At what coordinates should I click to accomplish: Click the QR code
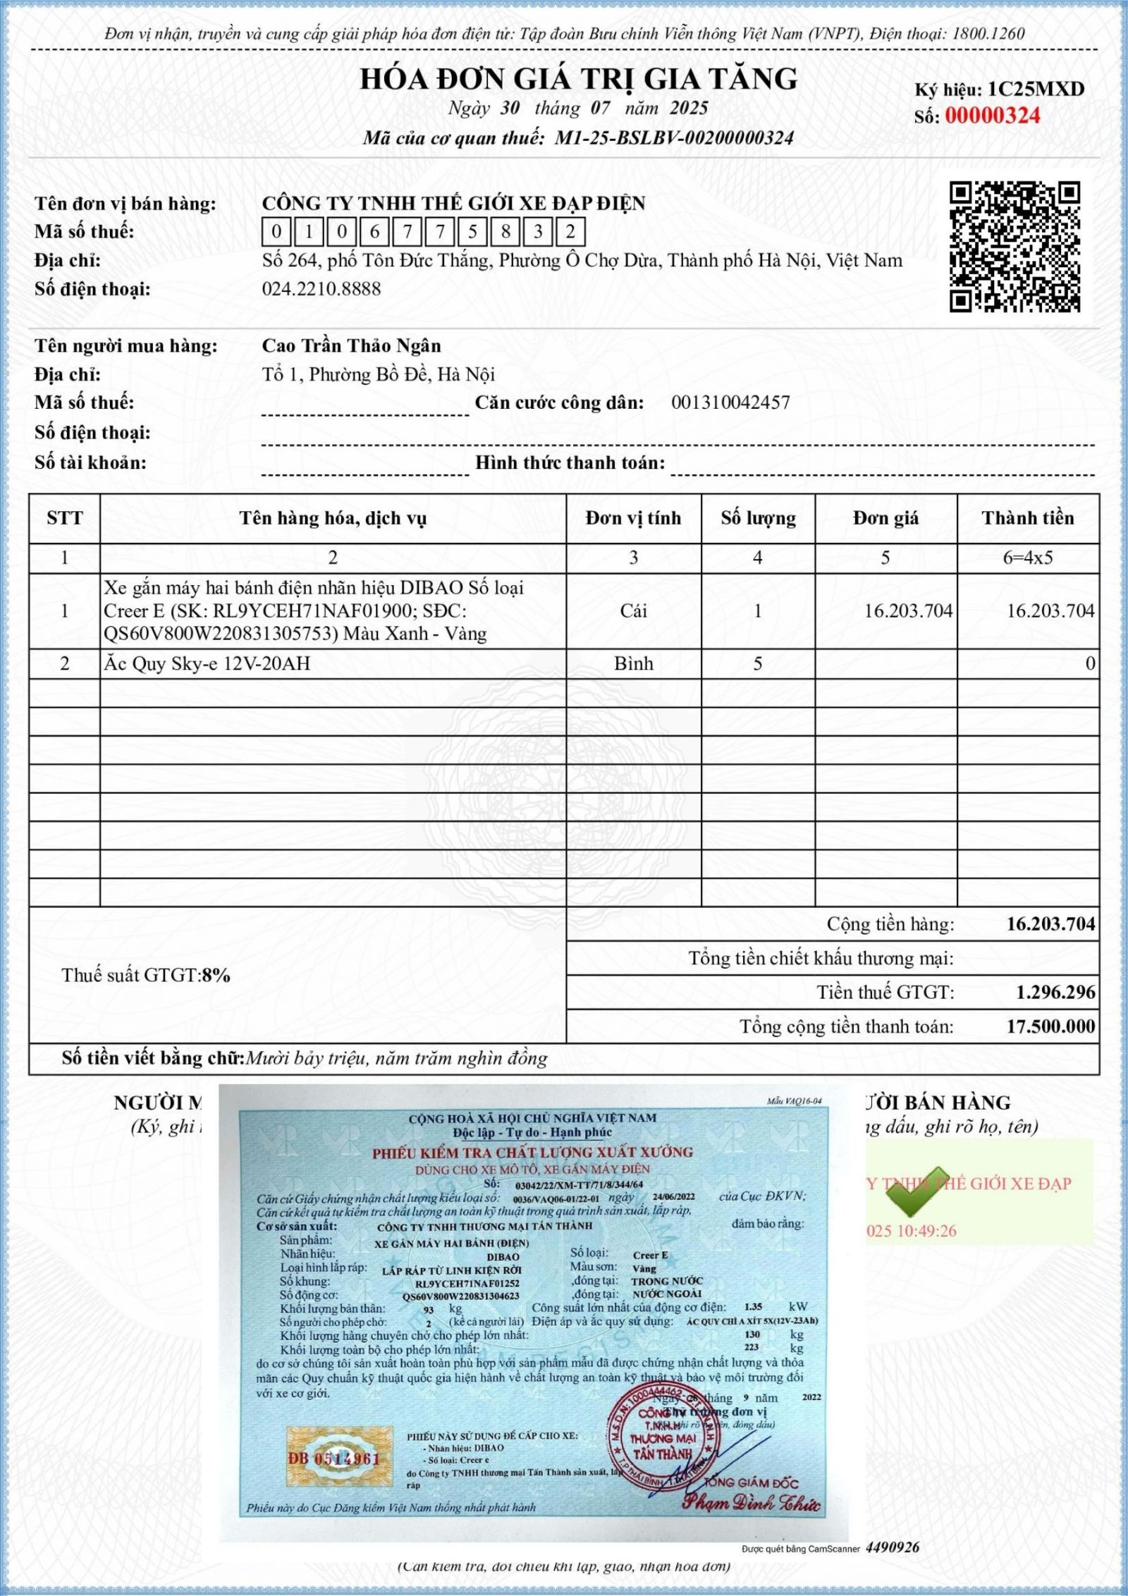coord(1014,247)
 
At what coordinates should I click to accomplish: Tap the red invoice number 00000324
coord(992,116)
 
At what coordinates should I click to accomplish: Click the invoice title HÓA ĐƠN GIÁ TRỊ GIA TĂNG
coord(579,78)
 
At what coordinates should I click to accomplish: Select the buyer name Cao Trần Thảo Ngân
coord(351,345)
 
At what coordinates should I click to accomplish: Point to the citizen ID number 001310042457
coord(730,403)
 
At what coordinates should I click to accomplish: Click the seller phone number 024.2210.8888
coord(321,289)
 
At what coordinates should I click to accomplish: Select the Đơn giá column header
coord(885,518)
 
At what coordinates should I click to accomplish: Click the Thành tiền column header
coord(1027,518)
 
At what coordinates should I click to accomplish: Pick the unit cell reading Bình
coord(633,663)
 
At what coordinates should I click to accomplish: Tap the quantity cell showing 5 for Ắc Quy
coord(758,663)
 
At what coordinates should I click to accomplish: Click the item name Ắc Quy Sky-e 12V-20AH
coord(207,663)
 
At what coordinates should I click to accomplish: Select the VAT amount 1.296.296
coord(1055,993)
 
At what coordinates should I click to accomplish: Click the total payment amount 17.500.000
coord(1050,1026)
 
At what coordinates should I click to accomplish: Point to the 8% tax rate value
coord(216,976)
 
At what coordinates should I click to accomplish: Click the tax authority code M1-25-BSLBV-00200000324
coord(674,138)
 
